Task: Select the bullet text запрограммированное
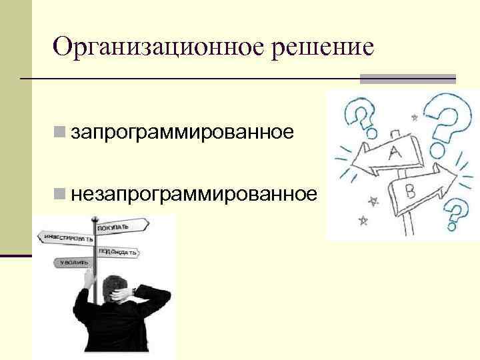click(x=183, y=132)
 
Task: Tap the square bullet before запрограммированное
click(x=60, y=132)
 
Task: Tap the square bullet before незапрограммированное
click(x=60, y=195)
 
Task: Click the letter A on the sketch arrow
click(x=394, y=153)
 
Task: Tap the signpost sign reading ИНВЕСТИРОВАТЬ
click(x=69, y=237)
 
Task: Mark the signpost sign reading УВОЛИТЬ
click(x=73, y=262)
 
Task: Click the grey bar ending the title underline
click(x=407, y=79)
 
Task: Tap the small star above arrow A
click(x=414, y=118)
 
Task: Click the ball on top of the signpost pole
click(x=95, y=217)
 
